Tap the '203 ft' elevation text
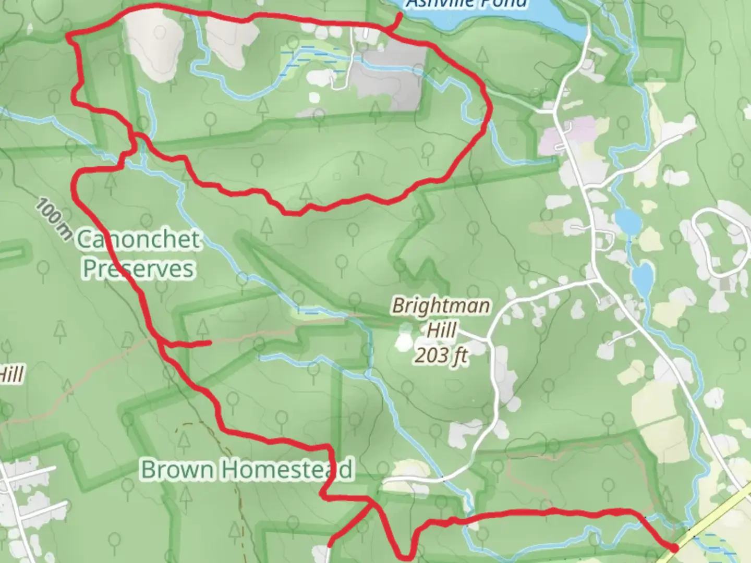point(441,356)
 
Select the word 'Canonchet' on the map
point(139,240)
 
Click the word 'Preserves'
point(139,269)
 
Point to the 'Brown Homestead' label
point(247,469)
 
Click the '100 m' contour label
point(54,218)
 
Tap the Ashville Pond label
point(466,4)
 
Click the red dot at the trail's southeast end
point(673,548)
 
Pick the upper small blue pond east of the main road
point(627,221)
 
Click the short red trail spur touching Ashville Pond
point(396,21)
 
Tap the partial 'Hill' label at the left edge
point(11,374)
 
